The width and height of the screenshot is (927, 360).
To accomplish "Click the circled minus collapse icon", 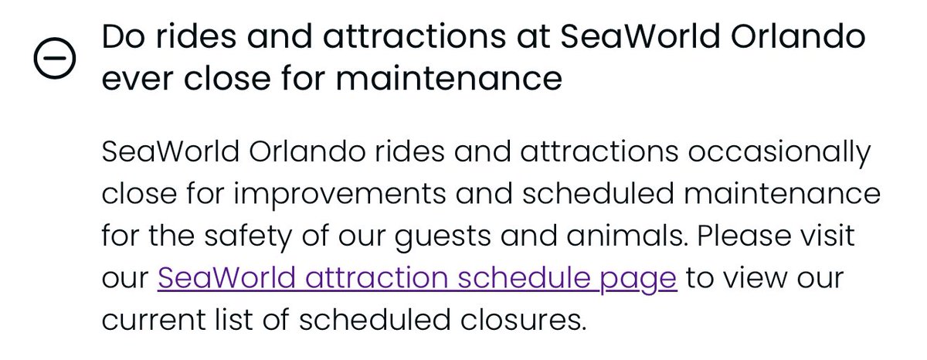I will point(55,59).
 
